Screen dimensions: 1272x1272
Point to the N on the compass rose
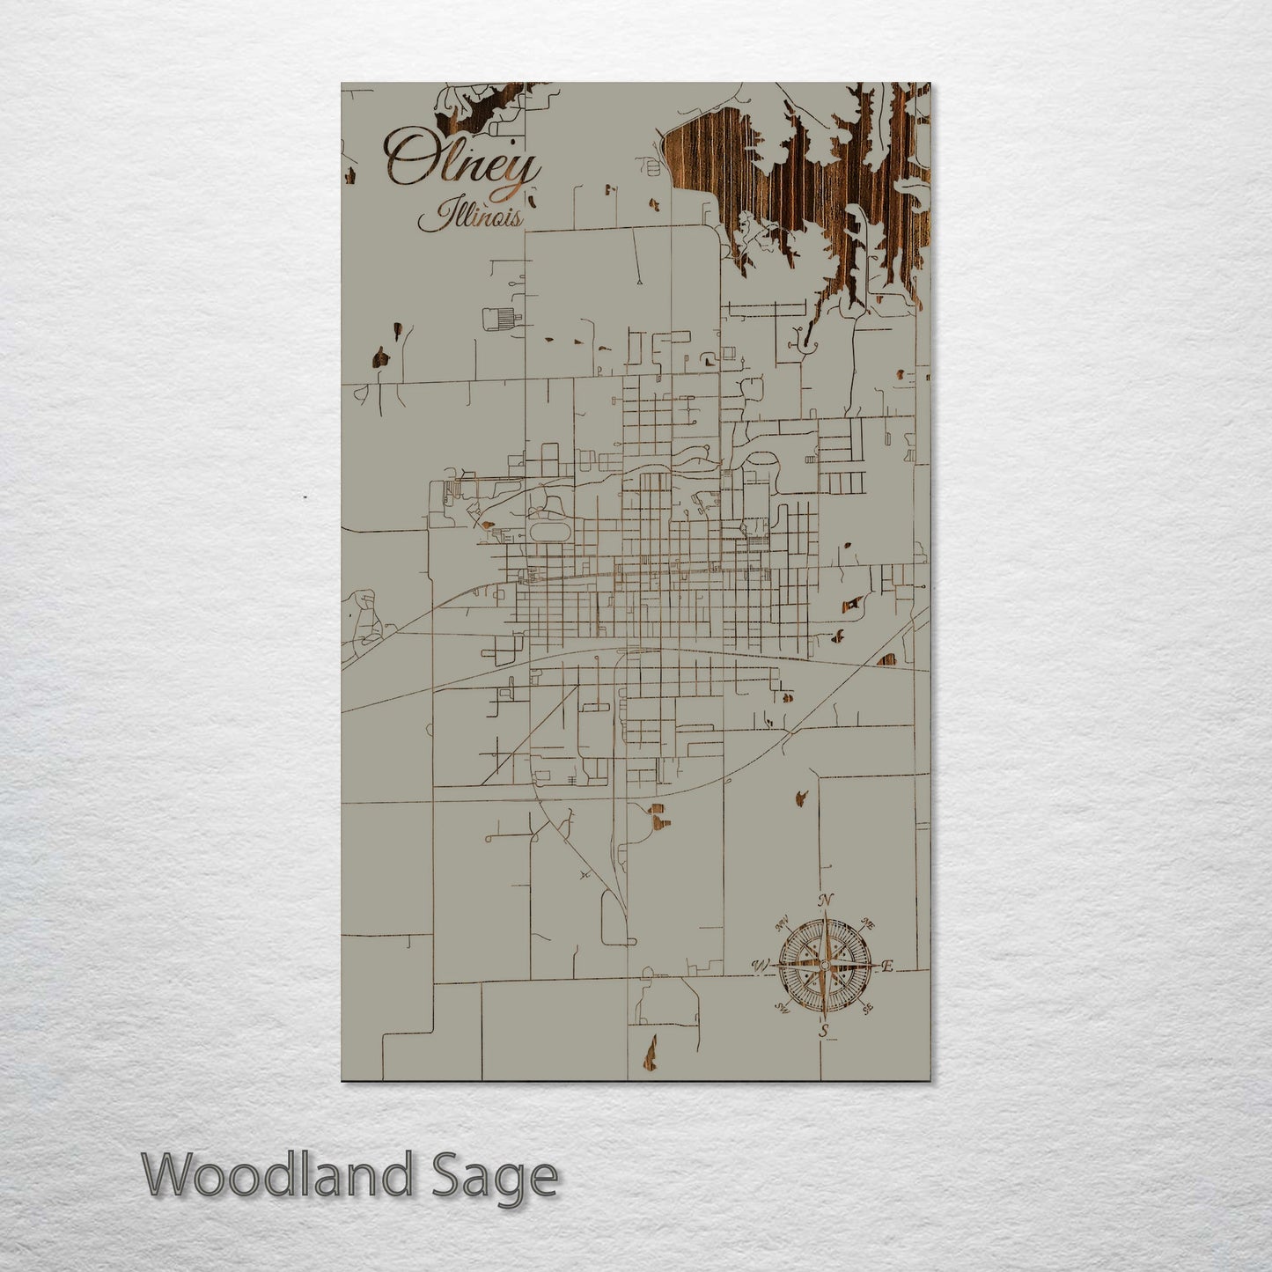tap(826, 901)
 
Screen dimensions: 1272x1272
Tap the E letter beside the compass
tap(887, 967)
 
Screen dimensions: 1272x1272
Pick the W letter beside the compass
tap(759, 967)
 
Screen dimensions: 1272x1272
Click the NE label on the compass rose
tap(867, 925)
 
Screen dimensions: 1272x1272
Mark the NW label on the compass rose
tap(782, 925)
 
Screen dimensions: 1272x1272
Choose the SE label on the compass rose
tap(867, 1009)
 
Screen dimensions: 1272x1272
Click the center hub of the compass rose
tap(824, 967)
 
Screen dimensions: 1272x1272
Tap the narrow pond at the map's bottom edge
tap(651, 1049)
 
